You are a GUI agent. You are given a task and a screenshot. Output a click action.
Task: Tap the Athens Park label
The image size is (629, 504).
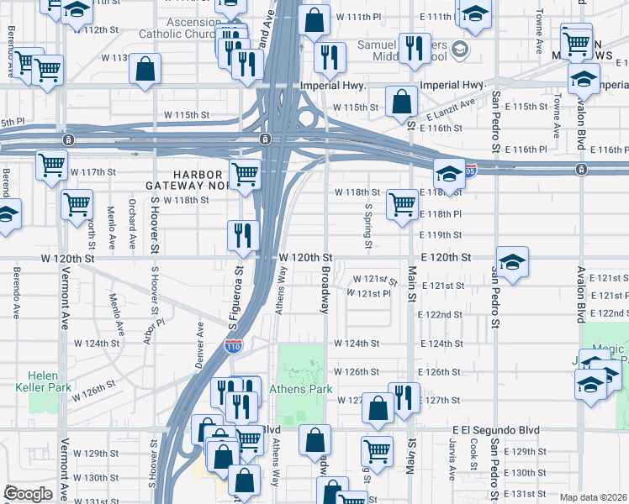tap(301, 390)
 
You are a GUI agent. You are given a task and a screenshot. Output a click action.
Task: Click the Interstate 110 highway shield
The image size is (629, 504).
tap(235, 347)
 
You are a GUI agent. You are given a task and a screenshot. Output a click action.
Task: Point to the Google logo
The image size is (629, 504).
tap(27, 494)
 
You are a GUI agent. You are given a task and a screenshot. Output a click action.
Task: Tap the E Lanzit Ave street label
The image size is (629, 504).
tap(450, 109)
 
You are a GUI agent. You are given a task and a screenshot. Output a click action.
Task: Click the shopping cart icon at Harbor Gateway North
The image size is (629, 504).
tap(245, 174)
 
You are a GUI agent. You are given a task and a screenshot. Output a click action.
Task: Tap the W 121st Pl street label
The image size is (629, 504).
tap(369, 293)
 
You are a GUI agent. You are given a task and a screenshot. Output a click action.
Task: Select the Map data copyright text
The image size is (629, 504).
tap(594, 497)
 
